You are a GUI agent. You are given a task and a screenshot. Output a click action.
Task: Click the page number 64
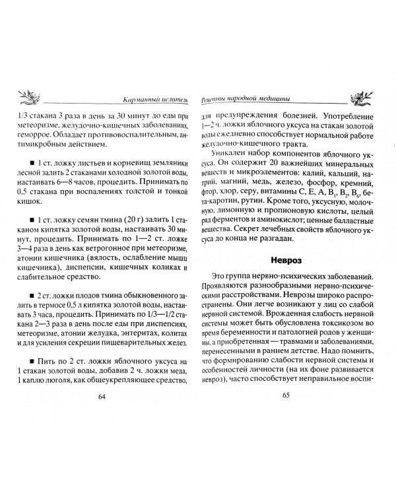click(101, 397)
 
